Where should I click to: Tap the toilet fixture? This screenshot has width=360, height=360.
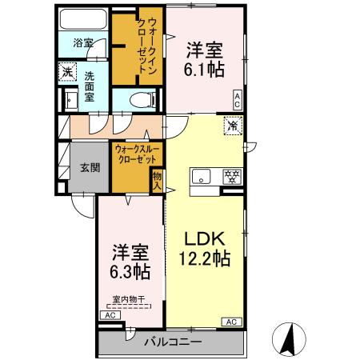pyautogui.click(x=141, y=100)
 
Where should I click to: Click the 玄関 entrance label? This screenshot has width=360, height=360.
pyautogui.click(x=90, y=168)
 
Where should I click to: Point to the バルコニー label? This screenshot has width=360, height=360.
pyautogui.click(x=173, y=342)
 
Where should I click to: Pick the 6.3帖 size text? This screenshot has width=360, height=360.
pyautogui.click(x=130, y=271)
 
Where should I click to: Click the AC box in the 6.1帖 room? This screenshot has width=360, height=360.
pyautogui.click(x=238, y=99)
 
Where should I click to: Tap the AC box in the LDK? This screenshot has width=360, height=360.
pyautogui.click(x=230, y=321)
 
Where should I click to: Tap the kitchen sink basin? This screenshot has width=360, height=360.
pyautogui.click(x=200, y=177)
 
